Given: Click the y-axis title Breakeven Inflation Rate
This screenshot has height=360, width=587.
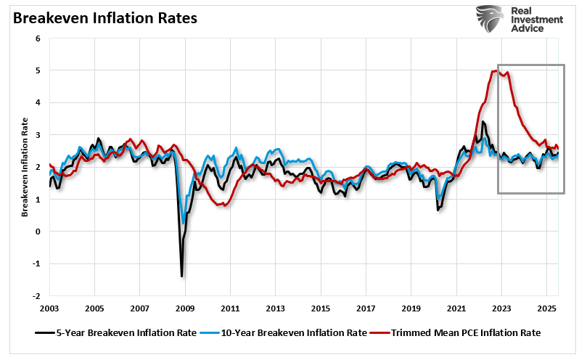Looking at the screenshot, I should click(x=25, y=168).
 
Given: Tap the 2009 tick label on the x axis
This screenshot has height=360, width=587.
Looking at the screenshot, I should click(x=185, y=308).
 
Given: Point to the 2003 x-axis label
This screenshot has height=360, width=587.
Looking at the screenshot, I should click(x=49, y=308).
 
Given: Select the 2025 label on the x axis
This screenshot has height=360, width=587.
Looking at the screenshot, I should click(x=546, y=308).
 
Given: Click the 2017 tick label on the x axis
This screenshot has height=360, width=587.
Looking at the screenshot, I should click(x=366, y=308).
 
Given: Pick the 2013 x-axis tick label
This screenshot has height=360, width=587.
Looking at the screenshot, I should click(x=276, y=308).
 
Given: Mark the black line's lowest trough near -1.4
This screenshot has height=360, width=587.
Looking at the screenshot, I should click(x=181, y=276).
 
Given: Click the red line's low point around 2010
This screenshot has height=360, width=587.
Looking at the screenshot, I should click(x=224, y=205).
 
